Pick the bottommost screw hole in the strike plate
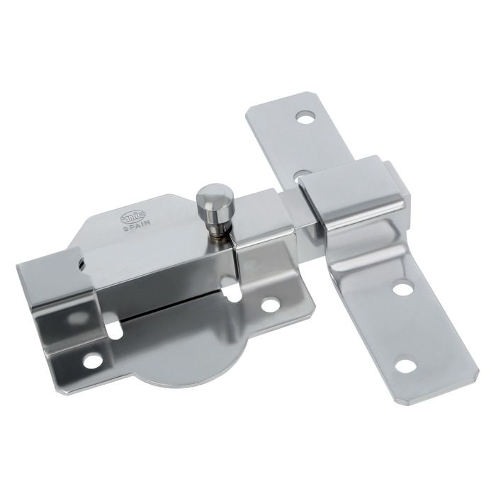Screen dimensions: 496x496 [405, 366]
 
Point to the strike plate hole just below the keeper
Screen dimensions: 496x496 [402, 288]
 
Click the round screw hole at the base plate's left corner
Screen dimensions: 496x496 [92, 360]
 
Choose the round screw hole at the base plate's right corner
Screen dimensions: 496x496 [270, 305]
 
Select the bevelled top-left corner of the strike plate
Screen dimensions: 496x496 [253, 112]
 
